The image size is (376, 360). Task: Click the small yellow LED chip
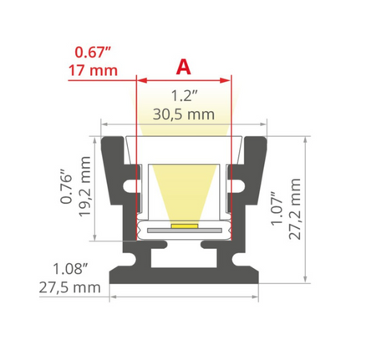tap(183, 226)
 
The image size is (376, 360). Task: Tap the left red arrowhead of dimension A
tap(140, 80)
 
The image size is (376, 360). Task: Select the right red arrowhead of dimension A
tap(226, 80)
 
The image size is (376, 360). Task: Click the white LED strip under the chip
tap(183, 230)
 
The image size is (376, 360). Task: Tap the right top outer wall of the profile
tap(254, 167)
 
